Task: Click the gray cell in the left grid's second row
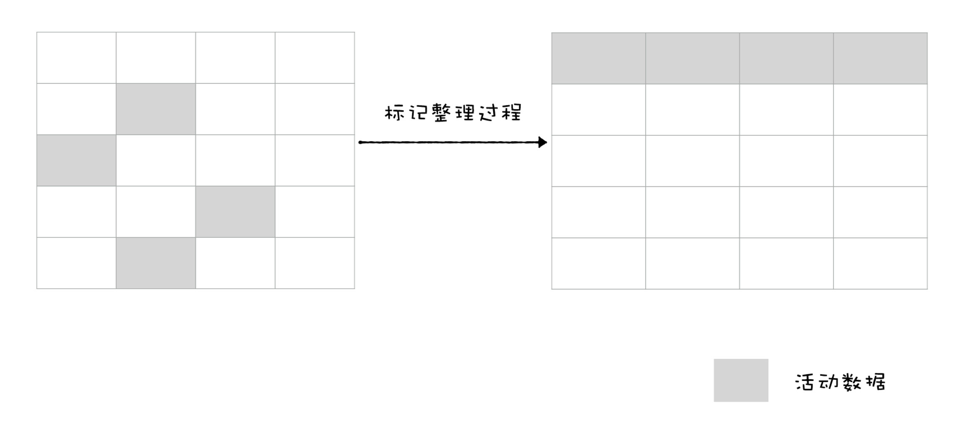point(156,109)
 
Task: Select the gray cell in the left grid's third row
point(76,160)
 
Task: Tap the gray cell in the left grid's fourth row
point(235,212)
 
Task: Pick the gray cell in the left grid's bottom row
point(156,263)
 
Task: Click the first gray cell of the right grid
point(599,58)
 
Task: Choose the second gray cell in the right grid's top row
point(692,58)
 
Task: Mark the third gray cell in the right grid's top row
point(786,58)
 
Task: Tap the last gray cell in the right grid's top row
point(880,58)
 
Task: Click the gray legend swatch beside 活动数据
point(741,380)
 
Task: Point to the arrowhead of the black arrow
point(543,142)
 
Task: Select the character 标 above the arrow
point(394,113)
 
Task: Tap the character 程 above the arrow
point(511,113)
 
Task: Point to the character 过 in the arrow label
point(488,113)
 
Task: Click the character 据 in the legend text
point(875,382)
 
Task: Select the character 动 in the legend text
point(828,382)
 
